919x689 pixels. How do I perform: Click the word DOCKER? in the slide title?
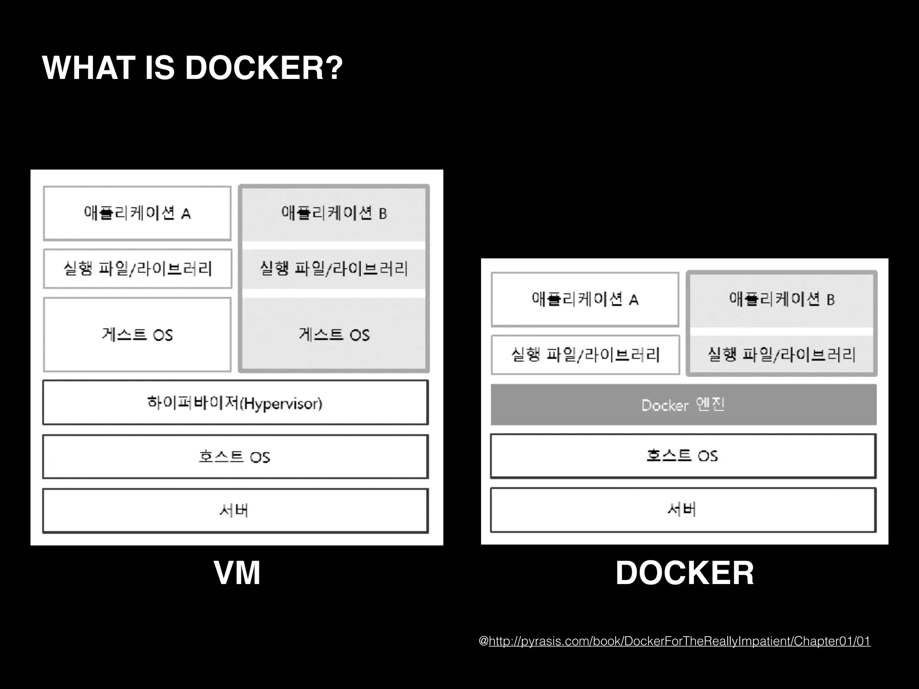click(264, 68)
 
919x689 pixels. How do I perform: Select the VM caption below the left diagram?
click(237, 573)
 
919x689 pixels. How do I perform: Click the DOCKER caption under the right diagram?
click(684, 573)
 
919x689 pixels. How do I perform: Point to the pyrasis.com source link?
click(679, 641)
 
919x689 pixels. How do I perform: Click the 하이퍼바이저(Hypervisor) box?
click(235, 402)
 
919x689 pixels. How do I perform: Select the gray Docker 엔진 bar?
click(683, 405)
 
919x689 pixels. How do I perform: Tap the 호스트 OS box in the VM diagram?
click(235, 457)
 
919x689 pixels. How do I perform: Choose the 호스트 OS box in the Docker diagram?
click(683, 456)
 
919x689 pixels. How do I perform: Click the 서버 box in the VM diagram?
click(235, 510)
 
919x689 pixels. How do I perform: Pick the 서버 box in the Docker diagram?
click(683, 510)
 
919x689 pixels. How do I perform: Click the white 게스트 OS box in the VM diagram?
click(137, 335)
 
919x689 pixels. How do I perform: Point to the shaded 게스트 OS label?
click(334, 335)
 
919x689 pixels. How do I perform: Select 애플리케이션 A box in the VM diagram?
click(137, 213)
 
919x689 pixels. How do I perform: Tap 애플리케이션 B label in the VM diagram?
click(334, 213)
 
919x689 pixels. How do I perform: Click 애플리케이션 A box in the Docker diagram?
click(585, 299)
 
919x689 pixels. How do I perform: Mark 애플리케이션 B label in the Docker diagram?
click(781, 299)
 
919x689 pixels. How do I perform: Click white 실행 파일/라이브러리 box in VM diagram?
click(137, 269)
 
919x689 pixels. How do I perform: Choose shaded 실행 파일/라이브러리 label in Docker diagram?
click(781, 355)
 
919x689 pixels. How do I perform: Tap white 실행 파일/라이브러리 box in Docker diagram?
click(585, 355)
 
